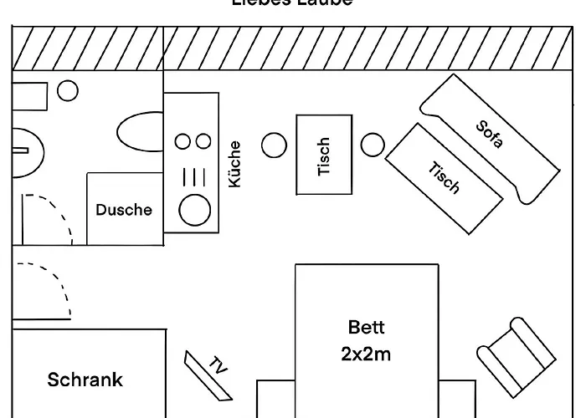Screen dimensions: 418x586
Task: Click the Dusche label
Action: (124, 210)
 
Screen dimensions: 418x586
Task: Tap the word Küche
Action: (234, 163)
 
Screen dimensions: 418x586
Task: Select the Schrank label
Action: (85, 380)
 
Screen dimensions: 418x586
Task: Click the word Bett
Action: (366, 327)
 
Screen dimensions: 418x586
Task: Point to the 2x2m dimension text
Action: (366, 354)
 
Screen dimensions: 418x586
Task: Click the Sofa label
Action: (490, 135)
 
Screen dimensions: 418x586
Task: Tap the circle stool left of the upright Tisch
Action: (274, 145)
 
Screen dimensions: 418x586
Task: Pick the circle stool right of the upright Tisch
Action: (373, 145)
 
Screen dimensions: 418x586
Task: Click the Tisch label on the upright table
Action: (325, 156)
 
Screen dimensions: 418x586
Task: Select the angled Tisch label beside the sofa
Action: (445, 177)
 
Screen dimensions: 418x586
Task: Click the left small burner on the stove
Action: (181, 141)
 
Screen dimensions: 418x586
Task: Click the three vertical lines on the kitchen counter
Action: (193, 175)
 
